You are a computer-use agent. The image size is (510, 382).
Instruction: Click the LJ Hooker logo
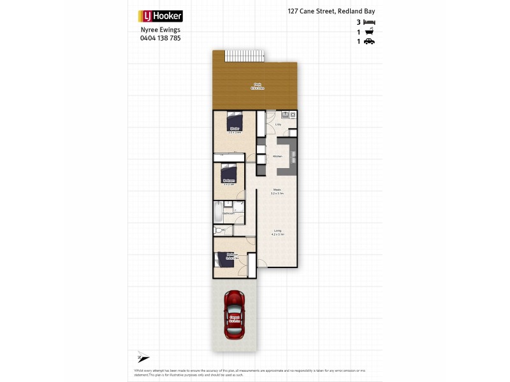[160, 17]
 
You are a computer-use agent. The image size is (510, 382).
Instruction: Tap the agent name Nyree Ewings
[160, 30]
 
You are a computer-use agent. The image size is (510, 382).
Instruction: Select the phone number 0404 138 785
[160, 38]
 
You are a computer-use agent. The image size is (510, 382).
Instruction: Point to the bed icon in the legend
[369, 22]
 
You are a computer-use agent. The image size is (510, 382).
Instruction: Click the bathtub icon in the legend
[369, 31]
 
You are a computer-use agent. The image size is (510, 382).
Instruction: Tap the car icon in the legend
[369, 41]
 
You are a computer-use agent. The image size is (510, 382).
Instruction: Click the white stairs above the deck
[244, 55]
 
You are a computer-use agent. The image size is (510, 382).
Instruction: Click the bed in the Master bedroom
[235, 121]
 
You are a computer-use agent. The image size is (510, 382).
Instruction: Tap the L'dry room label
[278, 125]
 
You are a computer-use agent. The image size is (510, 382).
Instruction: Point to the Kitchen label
[277, 156]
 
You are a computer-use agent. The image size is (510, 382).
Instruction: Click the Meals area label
[278, 190]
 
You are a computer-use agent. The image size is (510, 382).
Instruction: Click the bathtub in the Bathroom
[219, 210]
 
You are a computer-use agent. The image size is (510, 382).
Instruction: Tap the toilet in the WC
[218, 230]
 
